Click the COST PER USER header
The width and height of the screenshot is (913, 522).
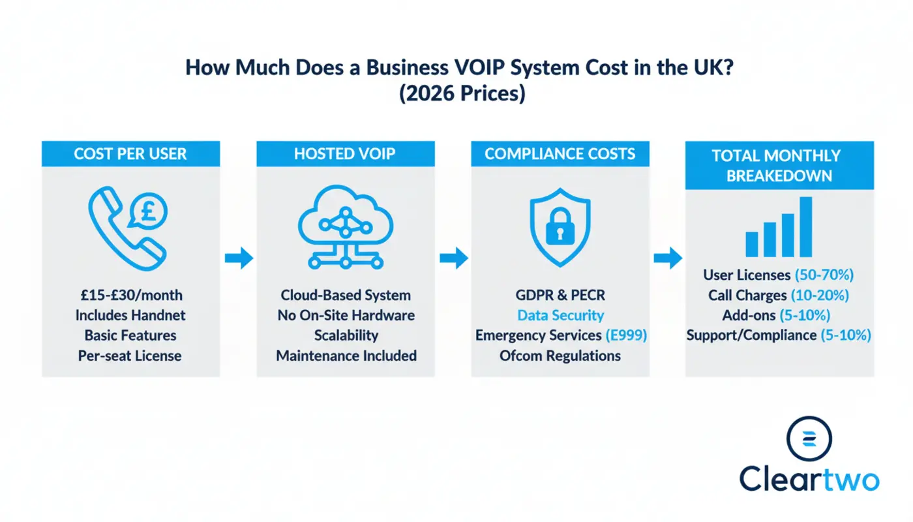point(130,154)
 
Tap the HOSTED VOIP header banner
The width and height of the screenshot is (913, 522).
point(346,154)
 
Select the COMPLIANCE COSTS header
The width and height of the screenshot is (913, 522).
point(560,154)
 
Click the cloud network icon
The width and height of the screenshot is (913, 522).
point(346,225)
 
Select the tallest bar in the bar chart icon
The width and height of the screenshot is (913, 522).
point(806,226)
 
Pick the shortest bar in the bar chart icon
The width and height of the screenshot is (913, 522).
point(752,243)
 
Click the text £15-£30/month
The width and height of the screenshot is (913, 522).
point(130,295)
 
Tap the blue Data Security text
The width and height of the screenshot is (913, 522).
point(560,315)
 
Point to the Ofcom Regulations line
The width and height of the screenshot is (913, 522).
point(560,356)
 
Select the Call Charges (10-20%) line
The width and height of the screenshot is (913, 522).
point(779,295)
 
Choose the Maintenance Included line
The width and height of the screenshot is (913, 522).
point(346,356)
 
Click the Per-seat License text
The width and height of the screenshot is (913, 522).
point(130,356)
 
